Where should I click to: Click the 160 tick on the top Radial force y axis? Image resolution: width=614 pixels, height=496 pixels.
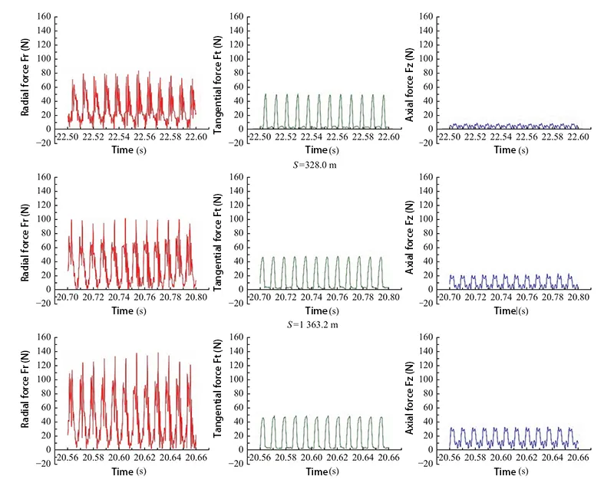pyautogui.click(x=45, y=16)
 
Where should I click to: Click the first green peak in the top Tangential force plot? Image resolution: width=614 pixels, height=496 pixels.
pyautogui.click(x=266, y=95)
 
